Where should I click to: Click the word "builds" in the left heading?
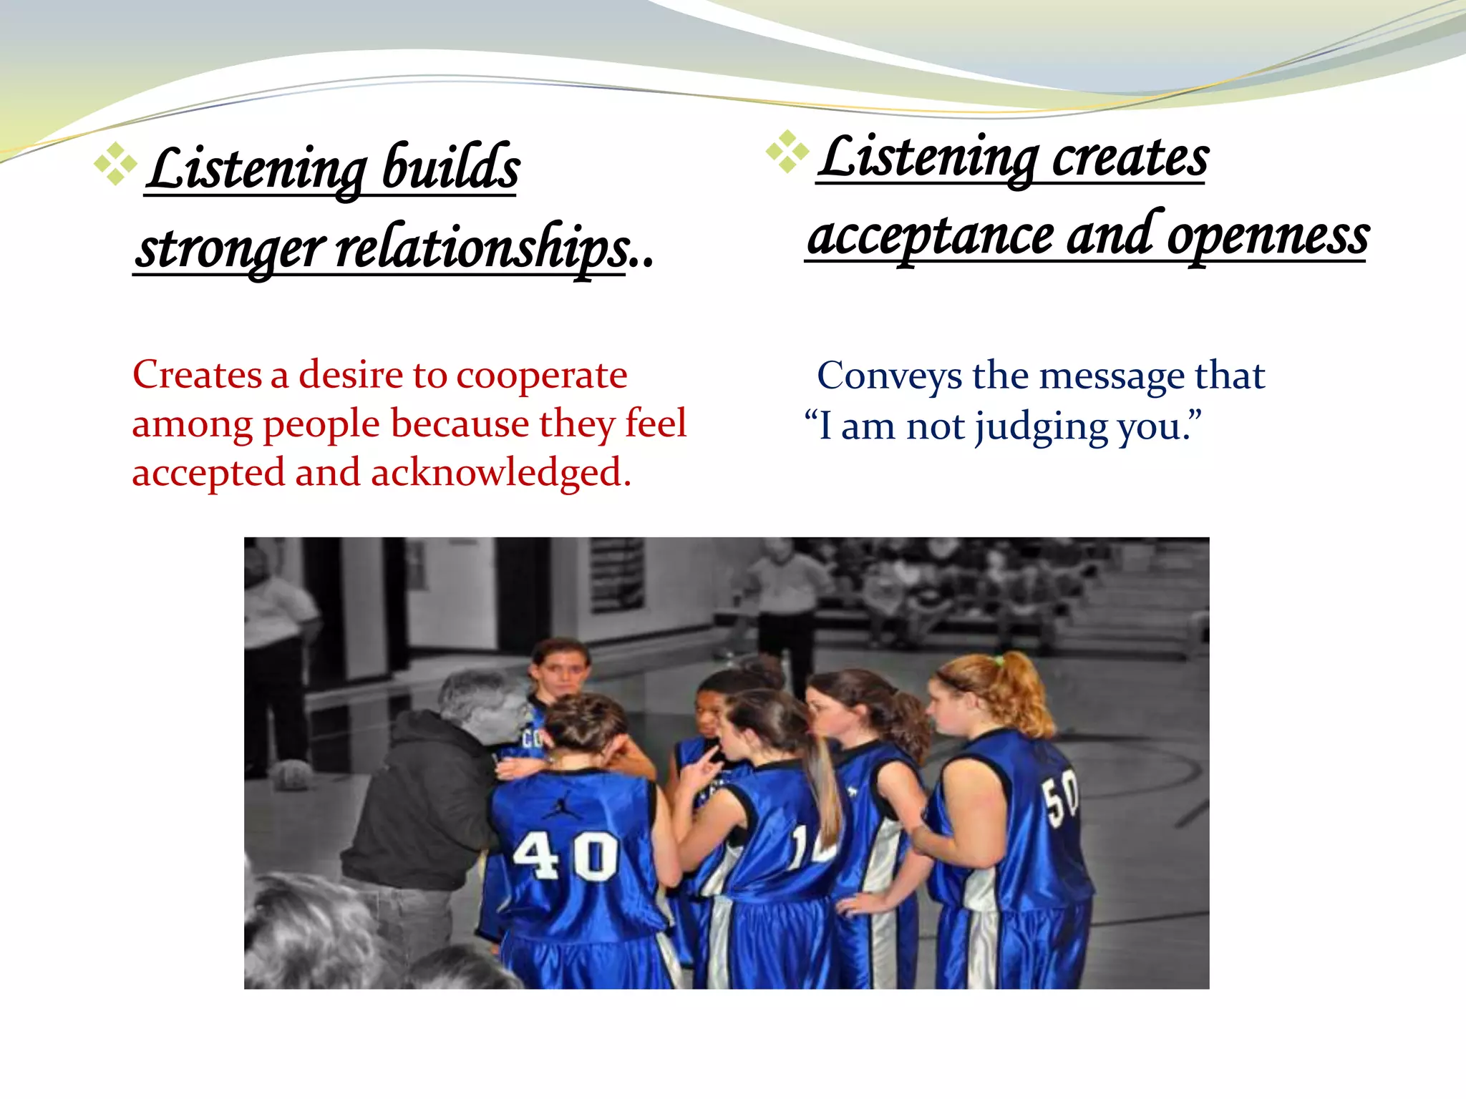(450, 168)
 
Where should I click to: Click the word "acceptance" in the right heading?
(931, 237)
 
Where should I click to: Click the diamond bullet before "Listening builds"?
(115, 165)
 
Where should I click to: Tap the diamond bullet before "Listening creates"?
(787, 152)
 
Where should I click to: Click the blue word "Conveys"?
(890, 376)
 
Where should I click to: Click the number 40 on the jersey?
(565, 856)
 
